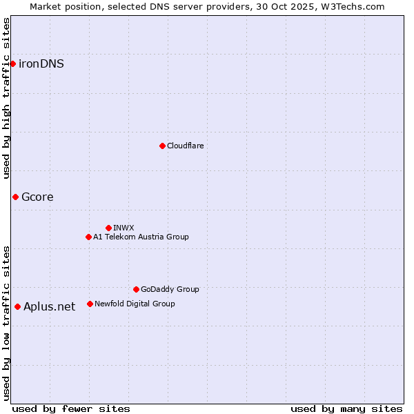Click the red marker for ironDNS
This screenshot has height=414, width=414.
(12, 63)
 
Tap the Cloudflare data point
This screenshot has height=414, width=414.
(162, 146)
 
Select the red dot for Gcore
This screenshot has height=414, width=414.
(15, 197)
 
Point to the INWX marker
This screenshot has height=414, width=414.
(108, 228)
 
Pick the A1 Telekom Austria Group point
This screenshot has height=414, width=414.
(88, 237)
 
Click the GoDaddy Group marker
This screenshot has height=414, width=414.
(136, 289)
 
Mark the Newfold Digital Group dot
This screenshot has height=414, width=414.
(90, 304)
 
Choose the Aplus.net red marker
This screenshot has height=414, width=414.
(17, 306)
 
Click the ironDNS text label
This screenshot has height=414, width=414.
(41, 64)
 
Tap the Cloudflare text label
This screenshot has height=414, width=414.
(185, 146)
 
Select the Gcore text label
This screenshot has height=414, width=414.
(37, 197)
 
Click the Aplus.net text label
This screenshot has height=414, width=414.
(49, 307)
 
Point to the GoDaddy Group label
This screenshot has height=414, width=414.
(170, 290)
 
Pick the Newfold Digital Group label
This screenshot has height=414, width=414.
(135, 304)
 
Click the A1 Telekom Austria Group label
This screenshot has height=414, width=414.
(141, 237)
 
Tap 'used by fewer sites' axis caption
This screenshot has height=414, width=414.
(71, 408)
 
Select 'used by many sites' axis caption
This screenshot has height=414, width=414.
(346, 408)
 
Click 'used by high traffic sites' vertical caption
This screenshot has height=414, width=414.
(6, 98)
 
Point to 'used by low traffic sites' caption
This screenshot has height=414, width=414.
(6, 322)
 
